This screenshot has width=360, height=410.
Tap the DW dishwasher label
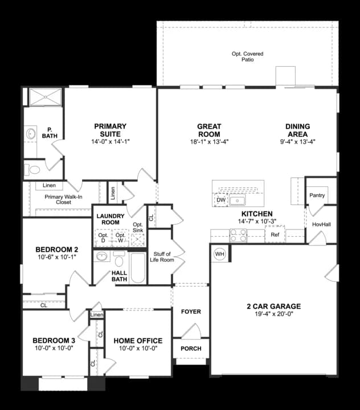(x=220, y=200)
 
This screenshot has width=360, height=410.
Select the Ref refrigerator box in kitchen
(x=275, y=234)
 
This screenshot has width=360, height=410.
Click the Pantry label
(x=317, y=195)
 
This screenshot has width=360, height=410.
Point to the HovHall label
(x=321, y=224)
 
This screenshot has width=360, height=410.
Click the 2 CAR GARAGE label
(x=273, y=306)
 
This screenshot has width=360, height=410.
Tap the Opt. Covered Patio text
(x=247, y=56)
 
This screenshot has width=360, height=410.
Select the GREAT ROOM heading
(x=209, y=130)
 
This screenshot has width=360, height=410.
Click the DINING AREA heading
(x=297, y=130)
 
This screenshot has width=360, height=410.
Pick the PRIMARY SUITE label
(x=110, y=130)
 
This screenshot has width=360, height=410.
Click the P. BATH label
(x=50, y=132)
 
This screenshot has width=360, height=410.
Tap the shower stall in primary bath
(x=45, y=97)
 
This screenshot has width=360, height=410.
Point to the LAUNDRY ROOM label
(x=111, y=219)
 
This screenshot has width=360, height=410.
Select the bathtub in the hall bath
(x=138, y=268)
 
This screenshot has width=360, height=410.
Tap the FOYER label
(x=191, y=312)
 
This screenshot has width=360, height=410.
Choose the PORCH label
(x=191, y=348)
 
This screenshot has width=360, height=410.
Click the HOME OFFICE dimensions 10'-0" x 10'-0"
(x=137, y=348)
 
